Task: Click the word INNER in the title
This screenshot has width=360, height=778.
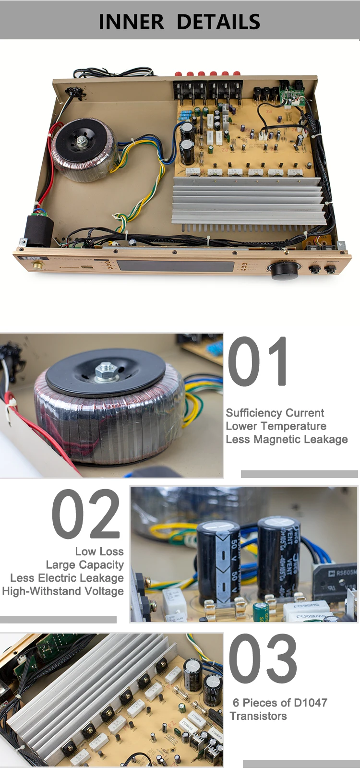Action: coord(131,22)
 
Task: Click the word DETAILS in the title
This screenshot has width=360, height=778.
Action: coord(218,22)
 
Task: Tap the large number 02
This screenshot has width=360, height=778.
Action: coord(86,514)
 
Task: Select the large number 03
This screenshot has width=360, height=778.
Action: coord(263,658)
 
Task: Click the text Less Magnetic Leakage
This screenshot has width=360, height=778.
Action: coord(287,439)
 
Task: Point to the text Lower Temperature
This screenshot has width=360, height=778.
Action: coord(276,426)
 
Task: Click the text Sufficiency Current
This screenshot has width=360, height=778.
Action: coord(275,413)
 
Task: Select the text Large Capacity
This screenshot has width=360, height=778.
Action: coord(85,565)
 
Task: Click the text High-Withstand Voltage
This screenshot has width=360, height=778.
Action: coord(63,591)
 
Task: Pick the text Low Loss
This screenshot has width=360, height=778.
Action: coord(99,551)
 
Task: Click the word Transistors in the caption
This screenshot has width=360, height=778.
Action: coord(258,716)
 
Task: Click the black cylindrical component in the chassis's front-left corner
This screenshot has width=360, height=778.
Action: coord(38,230)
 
